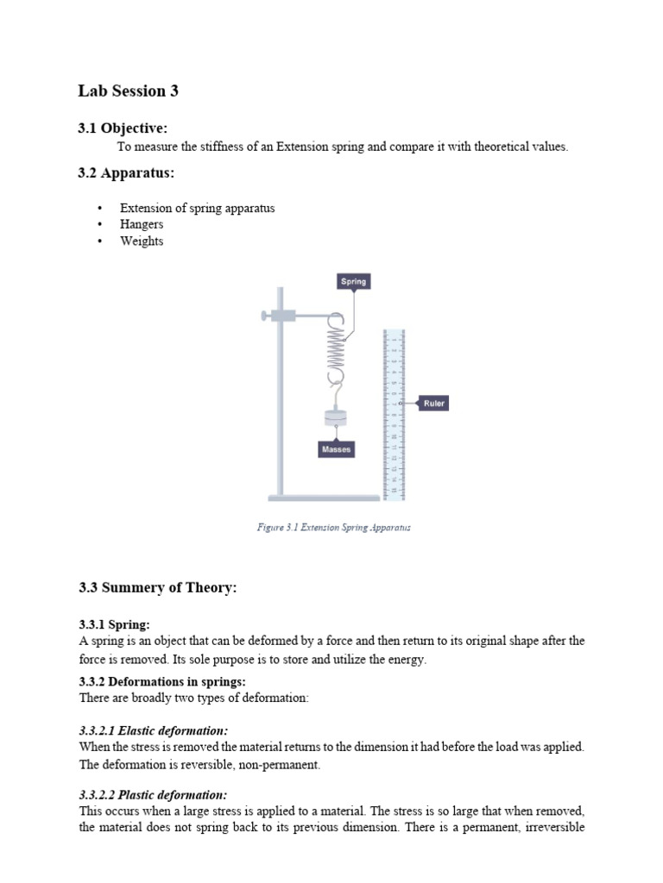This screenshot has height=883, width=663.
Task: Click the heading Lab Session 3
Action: [x=128, y=91]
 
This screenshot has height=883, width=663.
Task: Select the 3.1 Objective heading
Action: [x=123, y=128]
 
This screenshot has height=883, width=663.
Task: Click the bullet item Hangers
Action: [x=142, y=224]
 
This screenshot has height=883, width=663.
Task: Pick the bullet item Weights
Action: [x=142, y=241]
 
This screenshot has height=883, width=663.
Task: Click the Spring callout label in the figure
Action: [x=353, y=281]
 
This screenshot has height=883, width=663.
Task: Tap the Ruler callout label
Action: [x=433, y=403]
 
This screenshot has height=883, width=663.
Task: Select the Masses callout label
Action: [x=337, y=449]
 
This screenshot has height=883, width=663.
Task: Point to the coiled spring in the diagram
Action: [x=336, y=349]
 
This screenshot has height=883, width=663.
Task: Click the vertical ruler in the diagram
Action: [x=394, y=414]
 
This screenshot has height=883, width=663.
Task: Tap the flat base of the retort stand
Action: [x=324, y=498]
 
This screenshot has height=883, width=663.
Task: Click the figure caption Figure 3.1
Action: [x=333, y=527]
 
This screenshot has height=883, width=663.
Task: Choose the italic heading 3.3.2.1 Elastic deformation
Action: [x=154, y=730]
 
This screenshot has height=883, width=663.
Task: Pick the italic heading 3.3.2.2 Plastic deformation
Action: [x=153, y=795]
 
